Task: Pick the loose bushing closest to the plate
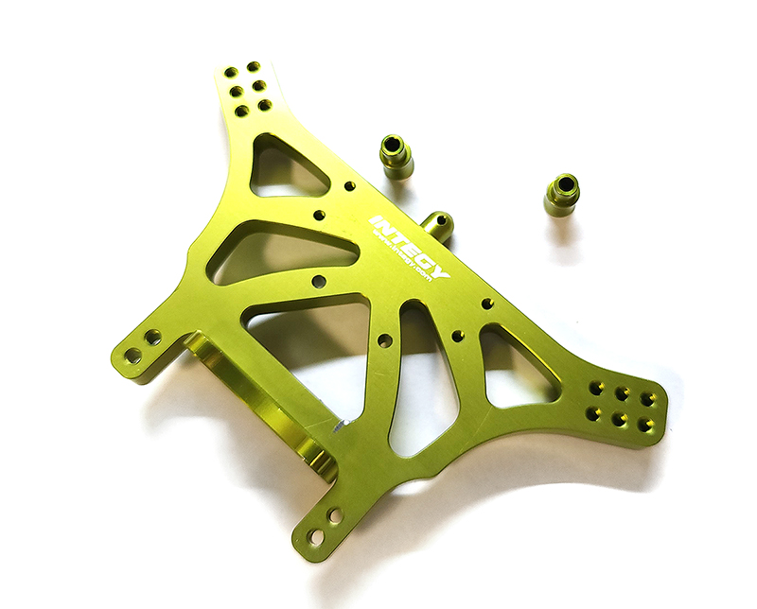(x=396, y=156)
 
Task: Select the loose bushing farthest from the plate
(x=562, y=194)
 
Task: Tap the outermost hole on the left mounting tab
(x=133, y=356)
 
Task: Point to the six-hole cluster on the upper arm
(x=248, y=88)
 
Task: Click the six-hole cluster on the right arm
(x=622, y=404)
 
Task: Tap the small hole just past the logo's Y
(x=487, y=304)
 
